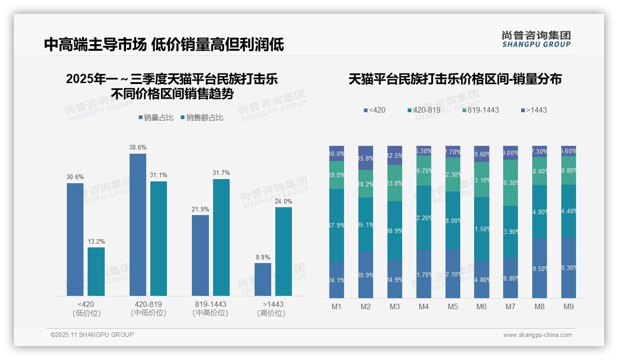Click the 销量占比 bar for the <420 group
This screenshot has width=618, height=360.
point(75,239)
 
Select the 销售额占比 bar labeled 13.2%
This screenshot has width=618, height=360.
point(96,271)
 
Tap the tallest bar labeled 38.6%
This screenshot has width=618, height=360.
point(137,224)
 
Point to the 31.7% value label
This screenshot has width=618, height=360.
point(221,173)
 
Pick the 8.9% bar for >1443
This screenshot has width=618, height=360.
point(263,279)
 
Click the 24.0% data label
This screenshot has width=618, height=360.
point(284,201)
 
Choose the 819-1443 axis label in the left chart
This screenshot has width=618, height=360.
point(210,305)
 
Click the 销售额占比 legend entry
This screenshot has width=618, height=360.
point(202,118)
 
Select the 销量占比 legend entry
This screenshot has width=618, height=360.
point(155,118)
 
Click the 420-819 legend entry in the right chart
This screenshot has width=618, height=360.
point(424,110)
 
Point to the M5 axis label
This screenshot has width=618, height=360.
point(452,307)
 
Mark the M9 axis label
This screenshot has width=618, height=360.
point(568,307)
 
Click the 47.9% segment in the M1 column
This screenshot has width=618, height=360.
point(337,225)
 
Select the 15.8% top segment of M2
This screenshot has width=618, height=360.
point(366,158)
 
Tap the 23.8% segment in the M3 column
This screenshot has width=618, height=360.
point(394,183)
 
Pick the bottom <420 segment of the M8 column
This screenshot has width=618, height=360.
point(540,268)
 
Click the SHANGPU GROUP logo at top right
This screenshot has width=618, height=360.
point(536,39)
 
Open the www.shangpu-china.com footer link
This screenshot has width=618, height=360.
point(537,335)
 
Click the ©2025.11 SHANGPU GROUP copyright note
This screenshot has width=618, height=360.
point(92,335)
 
